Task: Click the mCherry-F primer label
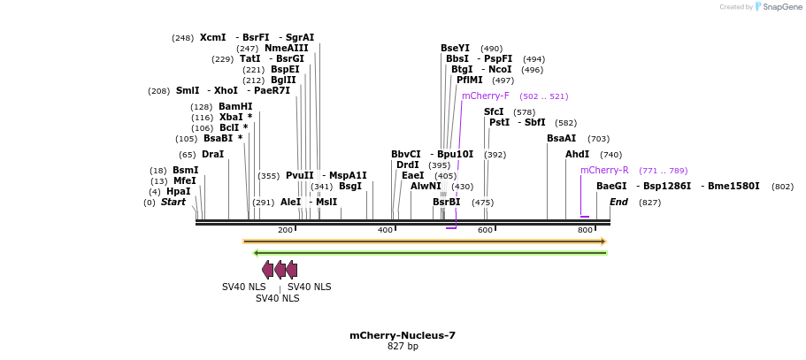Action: [x=485, y=96]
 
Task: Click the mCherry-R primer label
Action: [x=604, y=170]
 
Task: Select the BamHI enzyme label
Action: [x=235, y=106]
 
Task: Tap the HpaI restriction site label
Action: [x=178, y=191]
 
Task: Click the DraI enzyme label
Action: [x=212, y=154]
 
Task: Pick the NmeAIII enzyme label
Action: [x=286, y=48]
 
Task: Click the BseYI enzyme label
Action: [x=455, y=48]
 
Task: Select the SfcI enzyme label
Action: [x=494, y=111]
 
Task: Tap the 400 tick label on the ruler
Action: [x=385, y=230]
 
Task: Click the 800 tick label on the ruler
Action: [x=585, y=230]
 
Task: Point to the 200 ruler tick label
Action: [x=285, y=230]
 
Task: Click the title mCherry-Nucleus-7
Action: [x=403, y=335]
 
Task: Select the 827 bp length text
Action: [x=403, y=347]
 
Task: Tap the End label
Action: [x=618, y=202]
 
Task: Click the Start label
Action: [x=173, y=202]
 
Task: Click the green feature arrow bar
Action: [x=430, y=253]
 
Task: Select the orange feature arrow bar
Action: [x=425, y=241]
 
